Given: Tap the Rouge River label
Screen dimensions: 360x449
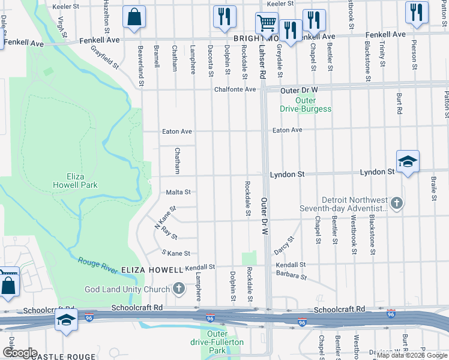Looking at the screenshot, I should coord(97,266).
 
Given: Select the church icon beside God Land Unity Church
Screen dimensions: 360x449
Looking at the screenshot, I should coord(178,289).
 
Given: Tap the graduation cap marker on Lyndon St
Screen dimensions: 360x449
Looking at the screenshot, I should coord(408,161).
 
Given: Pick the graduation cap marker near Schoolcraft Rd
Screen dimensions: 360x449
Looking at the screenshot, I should coord(67,320).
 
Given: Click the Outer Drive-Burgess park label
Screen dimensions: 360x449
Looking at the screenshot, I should coord(306,104).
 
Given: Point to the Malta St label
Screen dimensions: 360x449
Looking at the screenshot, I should coord(178,193).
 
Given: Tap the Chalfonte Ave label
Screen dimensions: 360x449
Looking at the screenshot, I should coord(235,89).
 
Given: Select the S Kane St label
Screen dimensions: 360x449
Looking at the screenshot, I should coord(175,253).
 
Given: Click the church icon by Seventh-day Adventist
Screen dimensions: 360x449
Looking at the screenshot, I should coord(396,204).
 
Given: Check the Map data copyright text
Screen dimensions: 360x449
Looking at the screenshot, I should coord(412,355).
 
